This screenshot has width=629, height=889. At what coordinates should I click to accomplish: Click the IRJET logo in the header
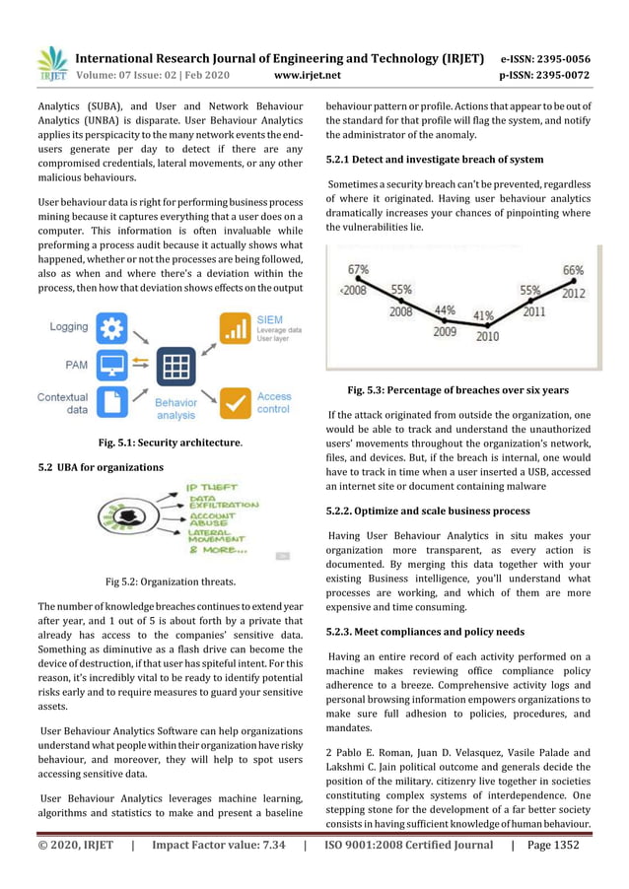click(52, 62)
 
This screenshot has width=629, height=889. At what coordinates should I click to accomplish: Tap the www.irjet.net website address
click(310, 74)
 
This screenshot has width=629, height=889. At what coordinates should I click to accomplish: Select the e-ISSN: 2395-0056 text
click(545, 58)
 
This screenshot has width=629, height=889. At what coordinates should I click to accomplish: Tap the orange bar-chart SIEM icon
click(234, 328)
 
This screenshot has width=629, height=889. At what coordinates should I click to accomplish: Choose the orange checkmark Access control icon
click(234, 402)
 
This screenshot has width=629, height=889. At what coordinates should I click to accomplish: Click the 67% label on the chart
click(358, 269)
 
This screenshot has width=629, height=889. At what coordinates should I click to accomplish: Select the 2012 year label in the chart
click(573, 293)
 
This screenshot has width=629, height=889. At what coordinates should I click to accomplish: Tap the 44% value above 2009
click(445, 309)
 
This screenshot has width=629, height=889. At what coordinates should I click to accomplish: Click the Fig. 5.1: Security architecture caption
click(171, 444)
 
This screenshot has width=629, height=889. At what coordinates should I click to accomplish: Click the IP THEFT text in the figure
click(211, 487)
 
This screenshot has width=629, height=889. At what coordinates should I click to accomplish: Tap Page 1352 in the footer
click(553, 845)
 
